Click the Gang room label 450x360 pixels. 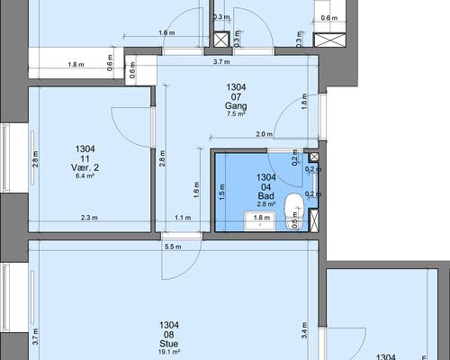236,106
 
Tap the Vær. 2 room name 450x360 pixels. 85,167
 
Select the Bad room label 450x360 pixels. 266,196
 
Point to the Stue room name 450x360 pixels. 169,344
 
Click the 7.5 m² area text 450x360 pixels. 236,114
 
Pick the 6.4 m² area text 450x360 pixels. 85,175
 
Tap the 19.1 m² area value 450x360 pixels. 169,352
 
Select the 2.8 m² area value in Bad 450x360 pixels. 266,204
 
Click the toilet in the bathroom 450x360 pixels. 294,211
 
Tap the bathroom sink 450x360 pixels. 260,221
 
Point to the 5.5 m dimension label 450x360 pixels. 173,247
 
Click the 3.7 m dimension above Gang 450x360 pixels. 221,62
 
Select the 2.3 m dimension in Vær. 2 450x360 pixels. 89,218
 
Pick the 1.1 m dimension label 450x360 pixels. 183,218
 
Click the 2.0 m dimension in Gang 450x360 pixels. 265,134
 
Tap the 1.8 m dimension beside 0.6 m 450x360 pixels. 76,64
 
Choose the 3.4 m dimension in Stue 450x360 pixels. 304,330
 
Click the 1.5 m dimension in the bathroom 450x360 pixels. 222,193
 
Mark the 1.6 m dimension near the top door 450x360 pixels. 166,32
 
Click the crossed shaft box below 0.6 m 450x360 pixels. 329,40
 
